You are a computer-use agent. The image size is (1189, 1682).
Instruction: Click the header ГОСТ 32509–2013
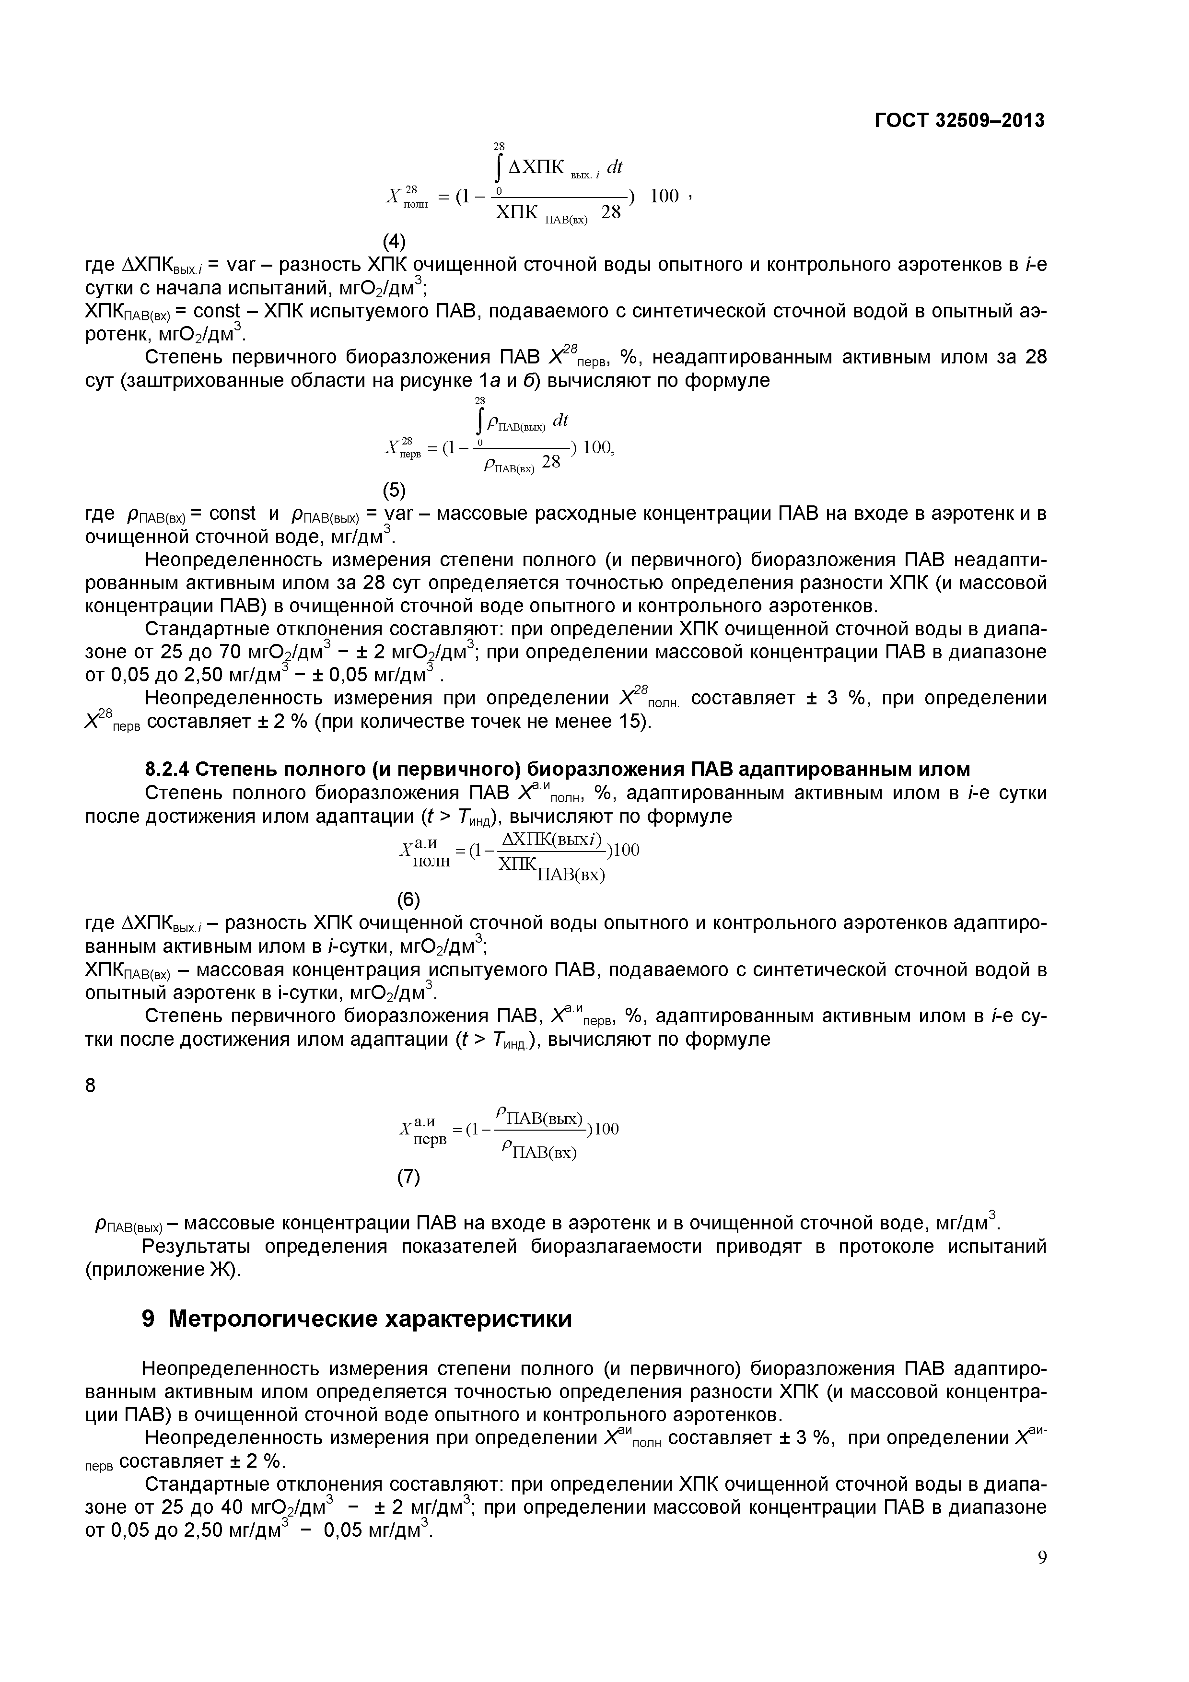click(960, 120)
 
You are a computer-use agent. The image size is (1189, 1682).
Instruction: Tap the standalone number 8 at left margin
click(90, 1086)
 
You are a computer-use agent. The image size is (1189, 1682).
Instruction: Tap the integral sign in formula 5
click(480, 421)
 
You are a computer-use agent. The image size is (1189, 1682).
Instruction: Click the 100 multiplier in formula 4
click(664, 196)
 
